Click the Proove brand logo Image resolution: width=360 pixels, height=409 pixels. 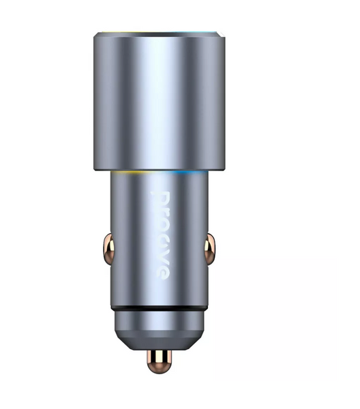[160, 236]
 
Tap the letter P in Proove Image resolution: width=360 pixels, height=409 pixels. [160, 199]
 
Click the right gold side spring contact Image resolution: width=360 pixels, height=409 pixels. [209, 249]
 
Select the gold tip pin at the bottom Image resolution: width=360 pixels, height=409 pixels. [159, 361]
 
